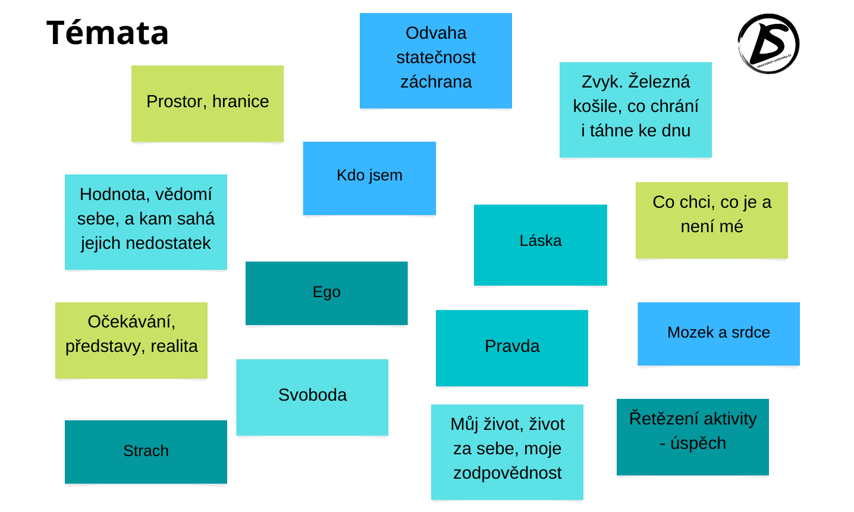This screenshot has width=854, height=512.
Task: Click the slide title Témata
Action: [108, 33]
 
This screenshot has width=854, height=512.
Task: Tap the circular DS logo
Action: [768, 44]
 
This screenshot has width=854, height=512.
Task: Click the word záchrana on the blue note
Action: [436, 82]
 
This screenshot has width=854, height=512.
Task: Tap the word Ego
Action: [326, 292]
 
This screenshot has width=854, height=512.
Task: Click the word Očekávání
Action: [131, 322]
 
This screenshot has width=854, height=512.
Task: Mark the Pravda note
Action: [512, 346]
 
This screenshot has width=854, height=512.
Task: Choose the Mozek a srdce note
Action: [718, 333]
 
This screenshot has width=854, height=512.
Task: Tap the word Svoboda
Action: [312, 395]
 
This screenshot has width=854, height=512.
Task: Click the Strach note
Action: [146, 451]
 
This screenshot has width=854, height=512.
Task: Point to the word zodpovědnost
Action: [507, 473]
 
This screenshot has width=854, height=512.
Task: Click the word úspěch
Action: [698, 444]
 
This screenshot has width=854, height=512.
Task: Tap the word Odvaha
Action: [436, 33]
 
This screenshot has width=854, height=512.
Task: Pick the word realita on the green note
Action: [174, 346]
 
